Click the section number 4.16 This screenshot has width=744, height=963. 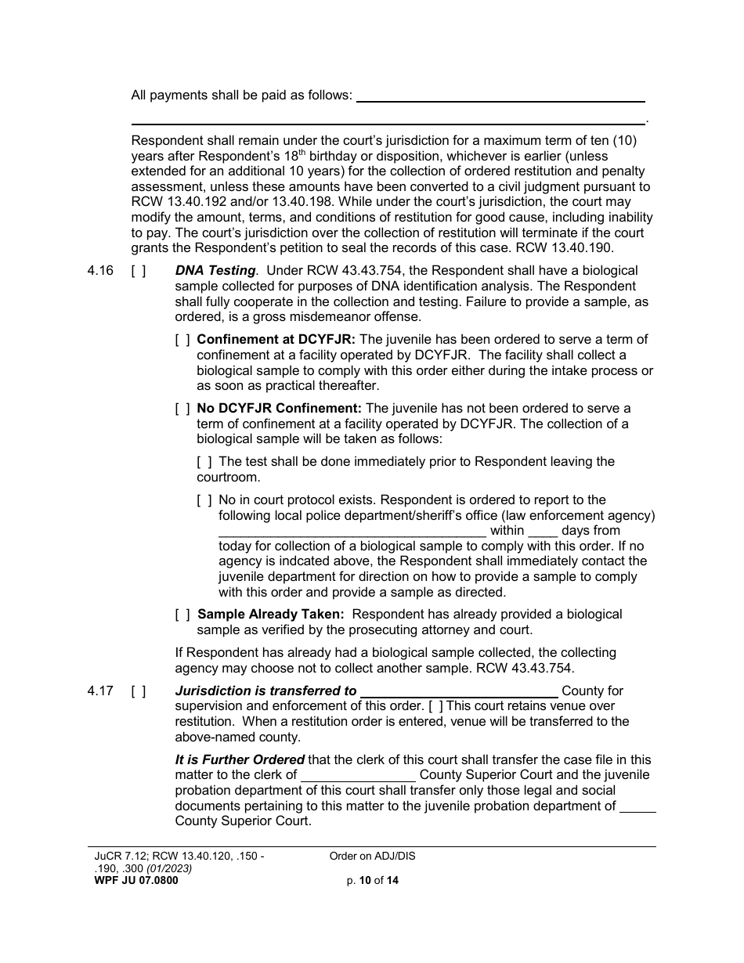[x=100, y=271]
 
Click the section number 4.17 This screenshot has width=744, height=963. [x=100, y=691]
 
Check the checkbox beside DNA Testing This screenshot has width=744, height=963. [x=138, y=271]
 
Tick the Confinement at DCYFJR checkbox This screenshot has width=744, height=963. [x=182, y=340]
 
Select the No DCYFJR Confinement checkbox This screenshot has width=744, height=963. [x=182, y=409]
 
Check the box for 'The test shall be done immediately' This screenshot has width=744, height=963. [x=204, y=462]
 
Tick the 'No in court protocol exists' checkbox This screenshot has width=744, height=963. [x=204, y=500]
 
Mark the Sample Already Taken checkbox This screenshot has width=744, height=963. [x=182, y=615]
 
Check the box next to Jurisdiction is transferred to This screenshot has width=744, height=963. [x=138, y=691]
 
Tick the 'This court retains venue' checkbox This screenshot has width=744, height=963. [x=435, y=706]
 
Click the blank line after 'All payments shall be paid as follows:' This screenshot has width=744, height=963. [x=500, y=99]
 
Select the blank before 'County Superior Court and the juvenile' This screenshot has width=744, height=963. [x=358, y=778]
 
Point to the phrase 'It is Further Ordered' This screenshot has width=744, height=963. [x=240, y=760]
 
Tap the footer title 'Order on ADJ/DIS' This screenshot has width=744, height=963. [x=373, y=857]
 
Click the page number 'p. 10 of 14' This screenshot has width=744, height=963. [x=373, y=881]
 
